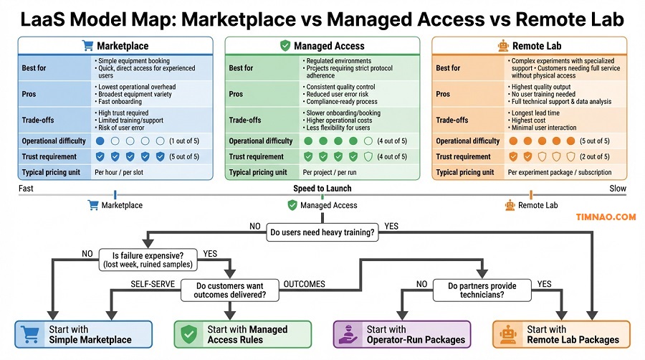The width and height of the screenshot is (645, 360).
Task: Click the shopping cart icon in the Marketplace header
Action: [88, 46]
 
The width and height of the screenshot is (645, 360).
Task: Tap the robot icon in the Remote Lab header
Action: [503, 46]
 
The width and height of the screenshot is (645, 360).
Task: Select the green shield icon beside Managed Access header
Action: [285, 46]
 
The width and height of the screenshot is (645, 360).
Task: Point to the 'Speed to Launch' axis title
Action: [322, 189]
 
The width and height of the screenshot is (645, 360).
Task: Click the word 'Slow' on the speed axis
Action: [616, 189]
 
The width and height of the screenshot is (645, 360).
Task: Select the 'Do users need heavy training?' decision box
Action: [322, 232]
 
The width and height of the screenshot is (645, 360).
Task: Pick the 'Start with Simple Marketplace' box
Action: [84, 334]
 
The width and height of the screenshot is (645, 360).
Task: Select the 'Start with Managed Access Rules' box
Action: [243, 334]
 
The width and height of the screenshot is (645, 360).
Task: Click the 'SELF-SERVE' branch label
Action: [153, 284]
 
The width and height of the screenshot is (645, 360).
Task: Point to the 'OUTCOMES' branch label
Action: [304, 284]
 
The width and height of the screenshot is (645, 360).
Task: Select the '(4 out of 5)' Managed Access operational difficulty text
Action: [393, 141]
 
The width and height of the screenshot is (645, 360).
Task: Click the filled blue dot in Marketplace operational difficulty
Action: [100, 141]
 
